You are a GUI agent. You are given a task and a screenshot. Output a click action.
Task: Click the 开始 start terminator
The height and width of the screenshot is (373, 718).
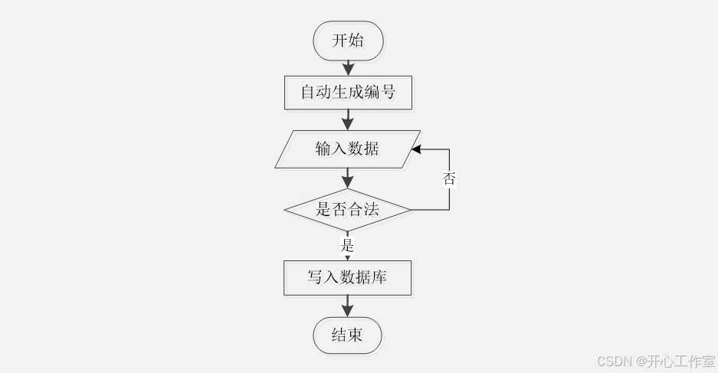tap(348, 41)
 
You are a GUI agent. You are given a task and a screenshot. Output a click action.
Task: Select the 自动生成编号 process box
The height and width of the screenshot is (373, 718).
tap(348, 93)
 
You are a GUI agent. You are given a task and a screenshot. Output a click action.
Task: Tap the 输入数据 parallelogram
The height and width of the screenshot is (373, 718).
tap(347, 149)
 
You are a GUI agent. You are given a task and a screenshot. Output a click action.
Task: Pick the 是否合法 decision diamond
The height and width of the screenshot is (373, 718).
tap(347, 209)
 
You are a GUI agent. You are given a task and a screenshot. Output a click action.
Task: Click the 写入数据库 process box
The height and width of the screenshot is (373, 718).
tap(347, 277)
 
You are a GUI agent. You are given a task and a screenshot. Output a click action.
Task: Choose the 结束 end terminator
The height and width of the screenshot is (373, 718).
tap(347, 335)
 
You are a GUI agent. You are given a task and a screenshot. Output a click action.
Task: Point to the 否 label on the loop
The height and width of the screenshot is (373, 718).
tap(449, 179)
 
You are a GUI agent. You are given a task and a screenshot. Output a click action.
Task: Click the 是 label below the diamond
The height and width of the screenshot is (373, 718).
tap(347, 246)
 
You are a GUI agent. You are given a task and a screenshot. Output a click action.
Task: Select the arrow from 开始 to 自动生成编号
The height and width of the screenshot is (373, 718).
tap(348, 67)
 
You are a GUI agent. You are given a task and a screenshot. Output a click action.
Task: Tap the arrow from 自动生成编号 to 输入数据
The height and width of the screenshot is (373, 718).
tap(348, 119)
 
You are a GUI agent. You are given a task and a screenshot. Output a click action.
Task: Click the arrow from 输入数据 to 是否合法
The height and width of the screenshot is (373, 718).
tap(347, 178)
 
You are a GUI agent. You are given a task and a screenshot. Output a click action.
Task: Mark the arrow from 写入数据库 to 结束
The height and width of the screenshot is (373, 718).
tap(347, 306)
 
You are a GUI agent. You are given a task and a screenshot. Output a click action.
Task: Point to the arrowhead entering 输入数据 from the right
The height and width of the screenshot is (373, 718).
tap(416, 150)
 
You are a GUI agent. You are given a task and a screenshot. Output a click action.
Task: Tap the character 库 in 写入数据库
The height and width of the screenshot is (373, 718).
tap(379, 277)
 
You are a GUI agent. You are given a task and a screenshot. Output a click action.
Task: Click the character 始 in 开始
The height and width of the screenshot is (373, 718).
tap(356, 41)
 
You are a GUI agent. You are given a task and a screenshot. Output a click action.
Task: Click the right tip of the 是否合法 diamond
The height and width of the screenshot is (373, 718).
tap(411, 209)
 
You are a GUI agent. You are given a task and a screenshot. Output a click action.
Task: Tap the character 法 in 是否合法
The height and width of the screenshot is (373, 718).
tap(372, 209)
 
